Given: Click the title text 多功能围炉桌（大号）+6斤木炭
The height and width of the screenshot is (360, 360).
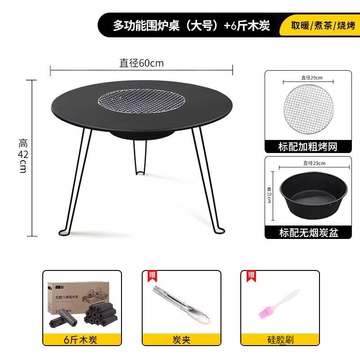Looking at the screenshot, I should coord(191,26).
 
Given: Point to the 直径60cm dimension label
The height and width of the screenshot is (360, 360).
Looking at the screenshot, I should coord(141,63).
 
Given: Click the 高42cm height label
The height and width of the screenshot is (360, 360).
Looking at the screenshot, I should coord(23,155).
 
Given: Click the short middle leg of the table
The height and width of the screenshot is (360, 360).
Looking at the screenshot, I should coord(140,157).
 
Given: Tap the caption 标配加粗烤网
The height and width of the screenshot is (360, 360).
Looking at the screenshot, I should coord(308,146).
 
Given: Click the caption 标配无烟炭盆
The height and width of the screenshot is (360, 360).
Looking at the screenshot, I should coord(308,232).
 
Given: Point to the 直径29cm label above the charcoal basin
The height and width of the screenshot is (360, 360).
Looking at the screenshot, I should coord(314,163).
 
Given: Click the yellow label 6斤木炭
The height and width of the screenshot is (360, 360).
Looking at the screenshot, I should coord(82,339).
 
